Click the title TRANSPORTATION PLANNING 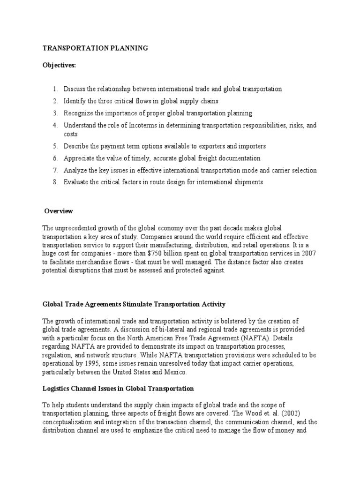pyautogui.click(x=96, y=48)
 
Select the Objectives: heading pyautogui.click(x=59, y=66)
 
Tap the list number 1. pyautogui.click(x=54, y=89)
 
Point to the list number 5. pyautogui.click(x=54, y=146)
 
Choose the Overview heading pyautogui.click(x=59, y=211)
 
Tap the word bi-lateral pyautogui.click(x=187, y=330)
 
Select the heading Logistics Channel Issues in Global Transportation pyautogui.click(x=118, y=389)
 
